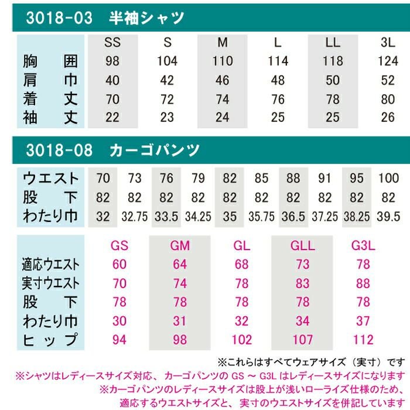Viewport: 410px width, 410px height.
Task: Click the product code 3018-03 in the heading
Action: pyautogui.click(x=59, y=18)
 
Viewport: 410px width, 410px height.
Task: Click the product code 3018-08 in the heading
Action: pyautogui.click(x=59, y=151)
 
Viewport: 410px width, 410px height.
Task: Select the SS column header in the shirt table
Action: pyautogui.click(x=112, y=43)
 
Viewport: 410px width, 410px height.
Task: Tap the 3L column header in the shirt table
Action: pyautogui.click(x=388, y=43)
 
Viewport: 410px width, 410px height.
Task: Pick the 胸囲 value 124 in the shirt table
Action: pyautogui.click(x=388, y=61)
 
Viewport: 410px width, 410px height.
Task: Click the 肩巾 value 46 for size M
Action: pyautogui.click(x=223, y=80)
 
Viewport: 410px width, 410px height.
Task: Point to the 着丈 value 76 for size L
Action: pyautogui.click(x=278, y=98)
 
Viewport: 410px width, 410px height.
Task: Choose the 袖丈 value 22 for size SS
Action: pyautogui.click(x=112, y=117)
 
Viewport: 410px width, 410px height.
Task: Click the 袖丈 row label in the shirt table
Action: pyautogui.click(x=50, y=117)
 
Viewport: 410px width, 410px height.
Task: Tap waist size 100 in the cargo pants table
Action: pyautogui.click(x=389, y=178)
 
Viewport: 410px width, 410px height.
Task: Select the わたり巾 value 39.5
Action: pyautogui.click(x=389, y=217)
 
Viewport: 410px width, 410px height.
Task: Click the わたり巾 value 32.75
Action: pyautogui.click(x=135, y=217)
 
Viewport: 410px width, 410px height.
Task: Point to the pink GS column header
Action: pyautogui.click(x=119, y=245)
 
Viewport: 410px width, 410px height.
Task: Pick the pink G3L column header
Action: pyautogui.click(x=363, y=245)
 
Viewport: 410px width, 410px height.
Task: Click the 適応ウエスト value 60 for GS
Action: pyautogui.click(x=119, y=264)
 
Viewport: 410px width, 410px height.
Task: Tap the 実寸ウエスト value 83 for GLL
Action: pyautogui.click(x=303, y=283)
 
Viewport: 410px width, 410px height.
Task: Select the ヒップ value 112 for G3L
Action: pyautogui.click(x=363, y=340)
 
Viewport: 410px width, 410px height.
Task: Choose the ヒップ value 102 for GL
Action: pyautogui.click(x=241, y=340)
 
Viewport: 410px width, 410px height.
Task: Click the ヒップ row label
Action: pyautogui.click(x=50, y=340)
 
